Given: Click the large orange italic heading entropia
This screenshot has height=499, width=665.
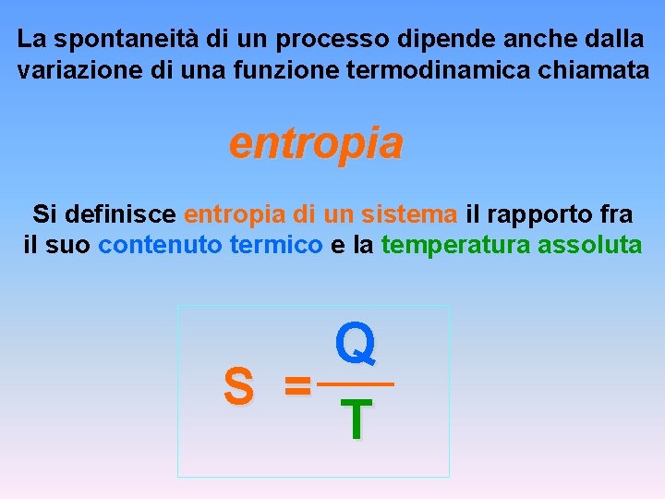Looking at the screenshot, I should (x=316, y=143).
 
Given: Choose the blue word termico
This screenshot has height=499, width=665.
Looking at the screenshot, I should (x=275, y=246).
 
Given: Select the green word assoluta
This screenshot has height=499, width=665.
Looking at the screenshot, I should (x=586, y=246).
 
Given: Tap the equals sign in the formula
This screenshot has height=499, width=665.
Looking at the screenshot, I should (x=297, y=385).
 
